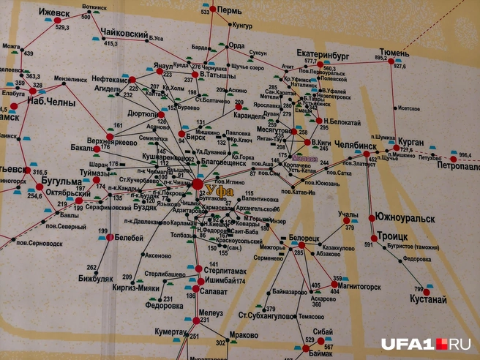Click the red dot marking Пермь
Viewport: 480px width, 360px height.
coord(213,9)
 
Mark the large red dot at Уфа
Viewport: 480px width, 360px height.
coord(198,185)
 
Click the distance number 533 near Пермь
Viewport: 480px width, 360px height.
coord(204,12)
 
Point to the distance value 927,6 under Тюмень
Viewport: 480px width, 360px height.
coord(399,66)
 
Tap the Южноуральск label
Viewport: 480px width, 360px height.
coord(405,217)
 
